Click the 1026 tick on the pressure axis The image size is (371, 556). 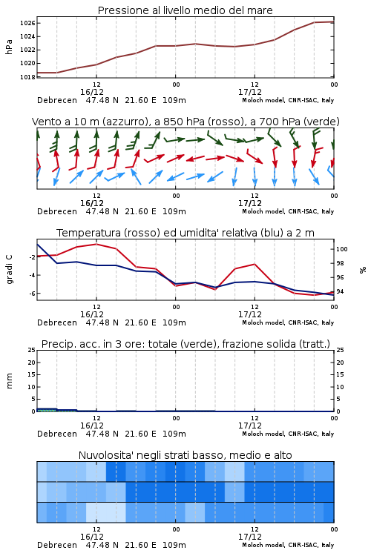point(27,24)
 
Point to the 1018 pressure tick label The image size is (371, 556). point(27,77)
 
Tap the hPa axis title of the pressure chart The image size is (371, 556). point(9,47)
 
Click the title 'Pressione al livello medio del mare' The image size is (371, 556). point(185,10)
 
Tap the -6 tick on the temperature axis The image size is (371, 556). point(32,294)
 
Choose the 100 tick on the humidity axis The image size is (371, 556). point(341,249)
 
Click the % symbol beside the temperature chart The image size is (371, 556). point(363,270)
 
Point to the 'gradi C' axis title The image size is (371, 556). point(9,269)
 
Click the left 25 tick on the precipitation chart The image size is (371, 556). point(32,350)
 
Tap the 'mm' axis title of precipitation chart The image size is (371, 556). point(9,381)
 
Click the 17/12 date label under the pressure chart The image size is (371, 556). point(250,92)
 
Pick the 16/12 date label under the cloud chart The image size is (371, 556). point(92,537)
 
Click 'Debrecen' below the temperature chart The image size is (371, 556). point(57,322)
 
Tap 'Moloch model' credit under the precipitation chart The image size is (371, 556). point(263,434)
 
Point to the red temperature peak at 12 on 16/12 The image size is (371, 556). point(96,244)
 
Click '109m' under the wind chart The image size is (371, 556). point(174,211)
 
